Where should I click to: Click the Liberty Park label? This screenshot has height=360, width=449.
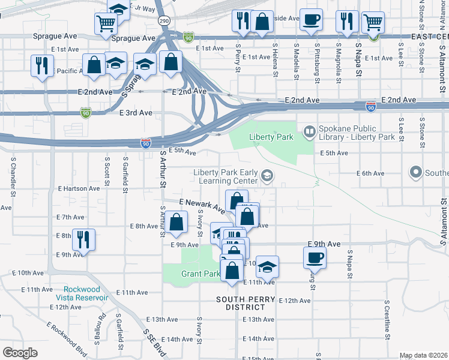[x=271, y=137]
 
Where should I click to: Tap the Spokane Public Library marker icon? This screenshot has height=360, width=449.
[x=310, y=130]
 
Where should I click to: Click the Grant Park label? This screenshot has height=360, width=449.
[x=200, y=274]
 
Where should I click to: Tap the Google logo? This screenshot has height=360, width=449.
[x=20, y=352]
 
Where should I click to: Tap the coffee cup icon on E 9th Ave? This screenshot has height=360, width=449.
[x=315, y=258]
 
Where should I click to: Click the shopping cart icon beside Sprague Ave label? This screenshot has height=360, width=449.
[x=106, y=23]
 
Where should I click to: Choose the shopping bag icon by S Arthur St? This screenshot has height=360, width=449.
[x=176, y=222]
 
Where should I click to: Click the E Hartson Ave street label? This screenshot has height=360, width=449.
[x=79, y=188]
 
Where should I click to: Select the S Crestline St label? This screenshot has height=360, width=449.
[x=387, y=324]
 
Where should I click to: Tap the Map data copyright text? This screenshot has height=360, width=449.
[x=424, y=355]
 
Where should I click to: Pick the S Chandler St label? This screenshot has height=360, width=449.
[x=13, y=176]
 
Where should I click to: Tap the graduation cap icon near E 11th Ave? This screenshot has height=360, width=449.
[x=268, y=265]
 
